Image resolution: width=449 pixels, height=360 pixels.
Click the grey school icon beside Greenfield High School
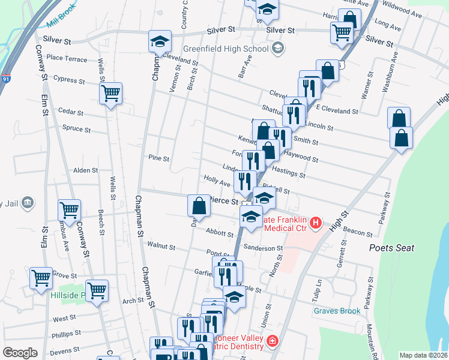point(278,48)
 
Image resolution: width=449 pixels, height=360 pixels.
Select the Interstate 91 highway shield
point(5,79)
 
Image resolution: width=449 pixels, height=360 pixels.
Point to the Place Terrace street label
point(67,58)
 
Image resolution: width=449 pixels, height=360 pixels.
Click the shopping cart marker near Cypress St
point(110,94)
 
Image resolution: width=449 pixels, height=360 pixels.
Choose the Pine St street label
point(159,158)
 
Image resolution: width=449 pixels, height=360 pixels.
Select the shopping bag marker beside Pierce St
point(199,206)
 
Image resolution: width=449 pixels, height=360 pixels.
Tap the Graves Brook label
point(337,311)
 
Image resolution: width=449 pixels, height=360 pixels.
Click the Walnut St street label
point(161,246)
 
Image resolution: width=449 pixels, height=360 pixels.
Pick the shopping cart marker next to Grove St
point(41,278)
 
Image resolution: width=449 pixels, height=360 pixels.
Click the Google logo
point(20,353)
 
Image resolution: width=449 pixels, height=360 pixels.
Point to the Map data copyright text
point(423,355)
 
